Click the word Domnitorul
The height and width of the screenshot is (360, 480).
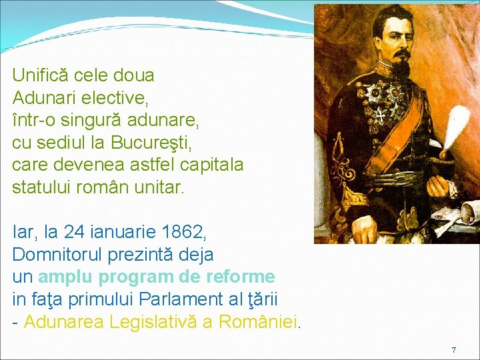point(59,255)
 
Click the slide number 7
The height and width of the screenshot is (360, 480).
point(454,349)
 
